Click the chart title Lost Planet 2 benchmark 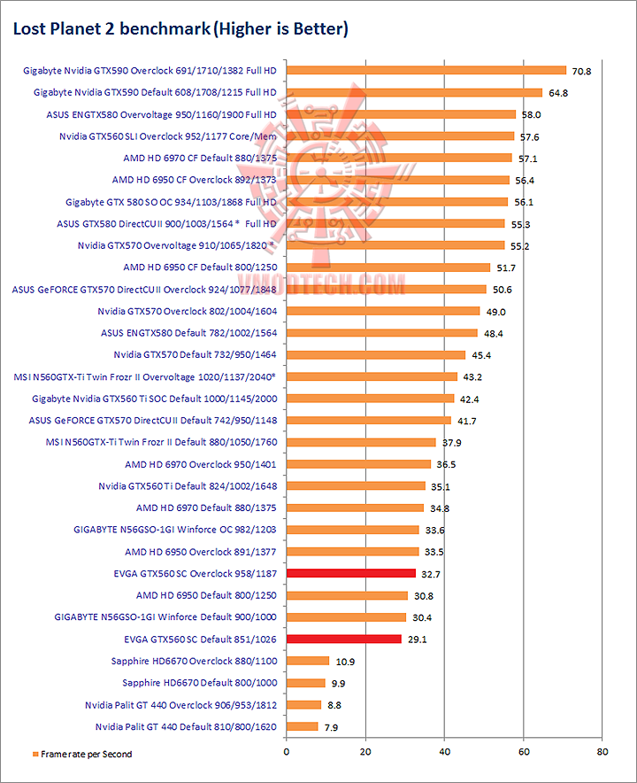(180, 29)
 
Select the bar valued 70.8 (426, 70)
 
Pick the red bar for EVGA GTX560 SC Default (343, 639)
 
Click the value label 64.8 (558, 92)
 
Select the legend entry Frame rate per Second (85, 755)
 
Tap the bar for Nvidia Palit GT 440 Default (302, 726)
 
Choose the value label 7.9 (331, 727)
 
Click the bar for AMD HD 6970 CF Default (399, 158)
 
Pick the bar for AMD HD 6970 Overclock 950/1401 (358, 463)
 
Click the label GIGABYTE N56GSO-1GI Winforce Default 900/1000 (165, 616)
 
